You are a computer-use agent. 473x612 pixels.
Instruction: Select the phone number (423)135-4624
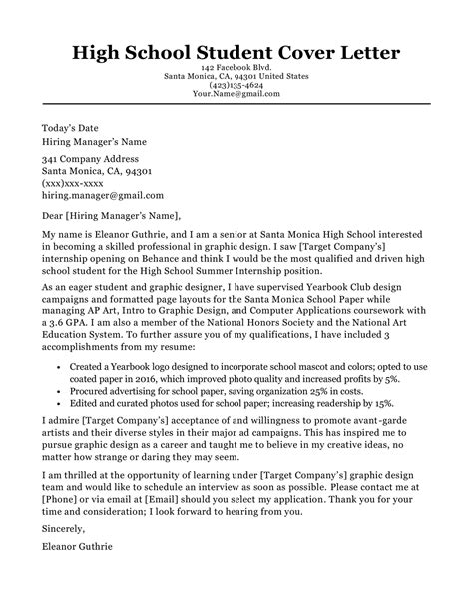click(236, 87)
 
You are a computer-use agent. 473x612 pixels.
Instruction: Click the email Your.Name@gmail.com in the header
click(236, 97)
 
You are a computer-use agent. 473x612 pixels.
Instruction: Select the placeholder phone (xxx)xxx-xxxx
click(72, 184)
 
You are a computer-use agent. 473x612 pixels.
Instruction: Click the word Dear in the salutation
click(55, 215)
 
